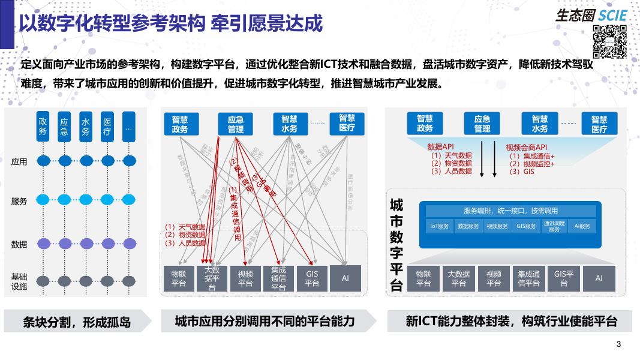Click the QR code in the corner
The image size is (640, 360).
[x=609, y=41]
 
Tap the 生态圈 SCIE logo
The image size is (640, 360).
[x=590, y=14]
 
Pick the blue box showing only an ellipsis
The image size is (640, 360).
[x=128, y=127]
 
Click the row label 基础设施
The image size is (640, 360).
[x=19, y=281]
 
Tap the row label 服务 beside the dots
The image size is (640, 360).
[x=19, y=202]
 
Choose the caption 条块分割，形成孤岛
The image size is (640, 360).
[x=76, y=322]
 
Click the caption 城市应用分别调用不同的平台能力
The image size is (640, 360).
[x=265, y=321]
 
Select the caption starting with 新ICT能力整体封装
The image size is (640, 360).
[x=511, y=321]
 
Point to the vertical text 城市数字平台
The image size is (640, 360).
[x=396, y=245]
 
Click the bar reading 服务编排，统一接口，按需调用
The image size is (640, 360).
[x=511, y=211]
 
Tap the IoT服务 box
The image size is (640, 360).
[x=440, y=226]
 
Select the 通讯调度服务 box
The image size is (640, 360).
[x=554, y=226]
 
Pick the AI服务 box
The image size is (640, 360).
[x=582, y=226]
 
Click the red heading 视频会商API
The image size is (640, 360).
[x=527, y=148]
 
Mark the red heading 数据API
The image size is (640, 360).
[x=441, y=147]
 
